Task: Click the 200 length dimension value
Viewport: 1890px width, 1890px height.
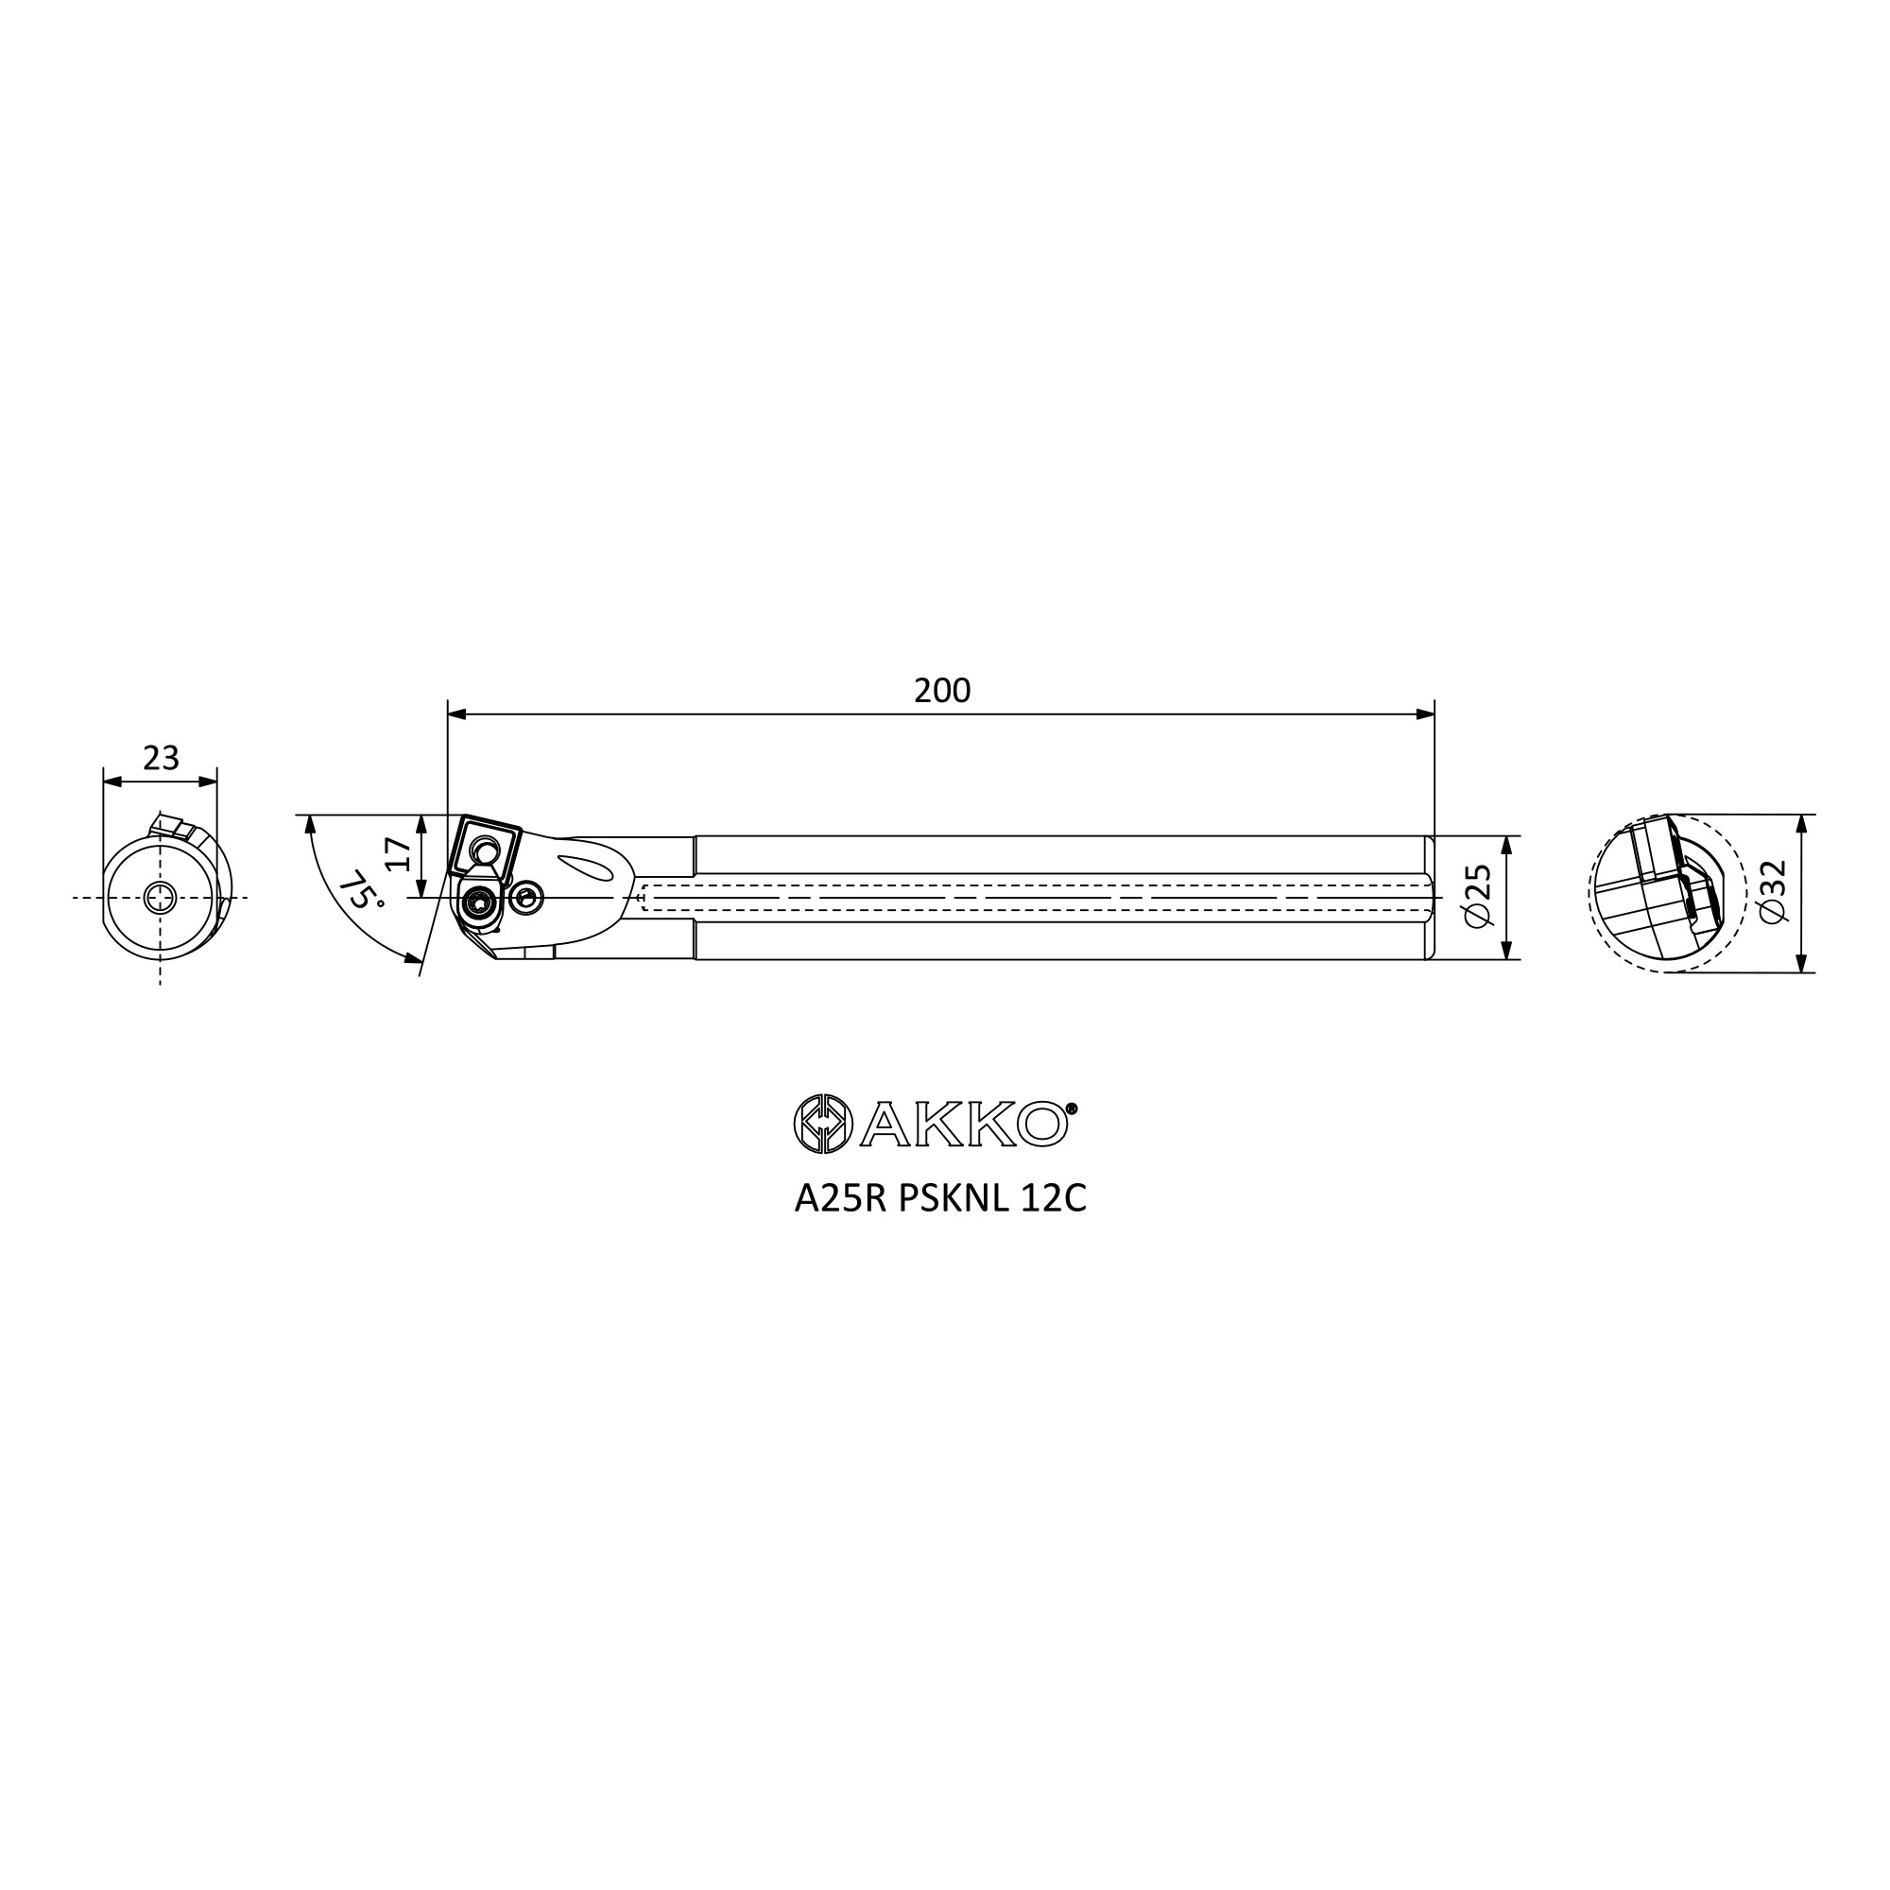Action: [942, 691]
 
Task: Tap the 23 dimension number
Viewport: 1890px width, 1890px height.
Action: [162, 758]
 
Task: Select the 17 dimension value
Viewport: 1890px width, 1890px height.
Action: [399, 854]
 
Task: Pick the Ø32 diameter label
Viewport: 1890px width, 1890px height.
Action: [1773, 891]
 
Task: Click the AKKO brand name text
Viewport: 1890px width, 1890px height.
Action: [964, 1125]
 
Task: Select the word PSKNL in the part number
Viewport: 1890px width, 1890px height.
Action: [954, 1199]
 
